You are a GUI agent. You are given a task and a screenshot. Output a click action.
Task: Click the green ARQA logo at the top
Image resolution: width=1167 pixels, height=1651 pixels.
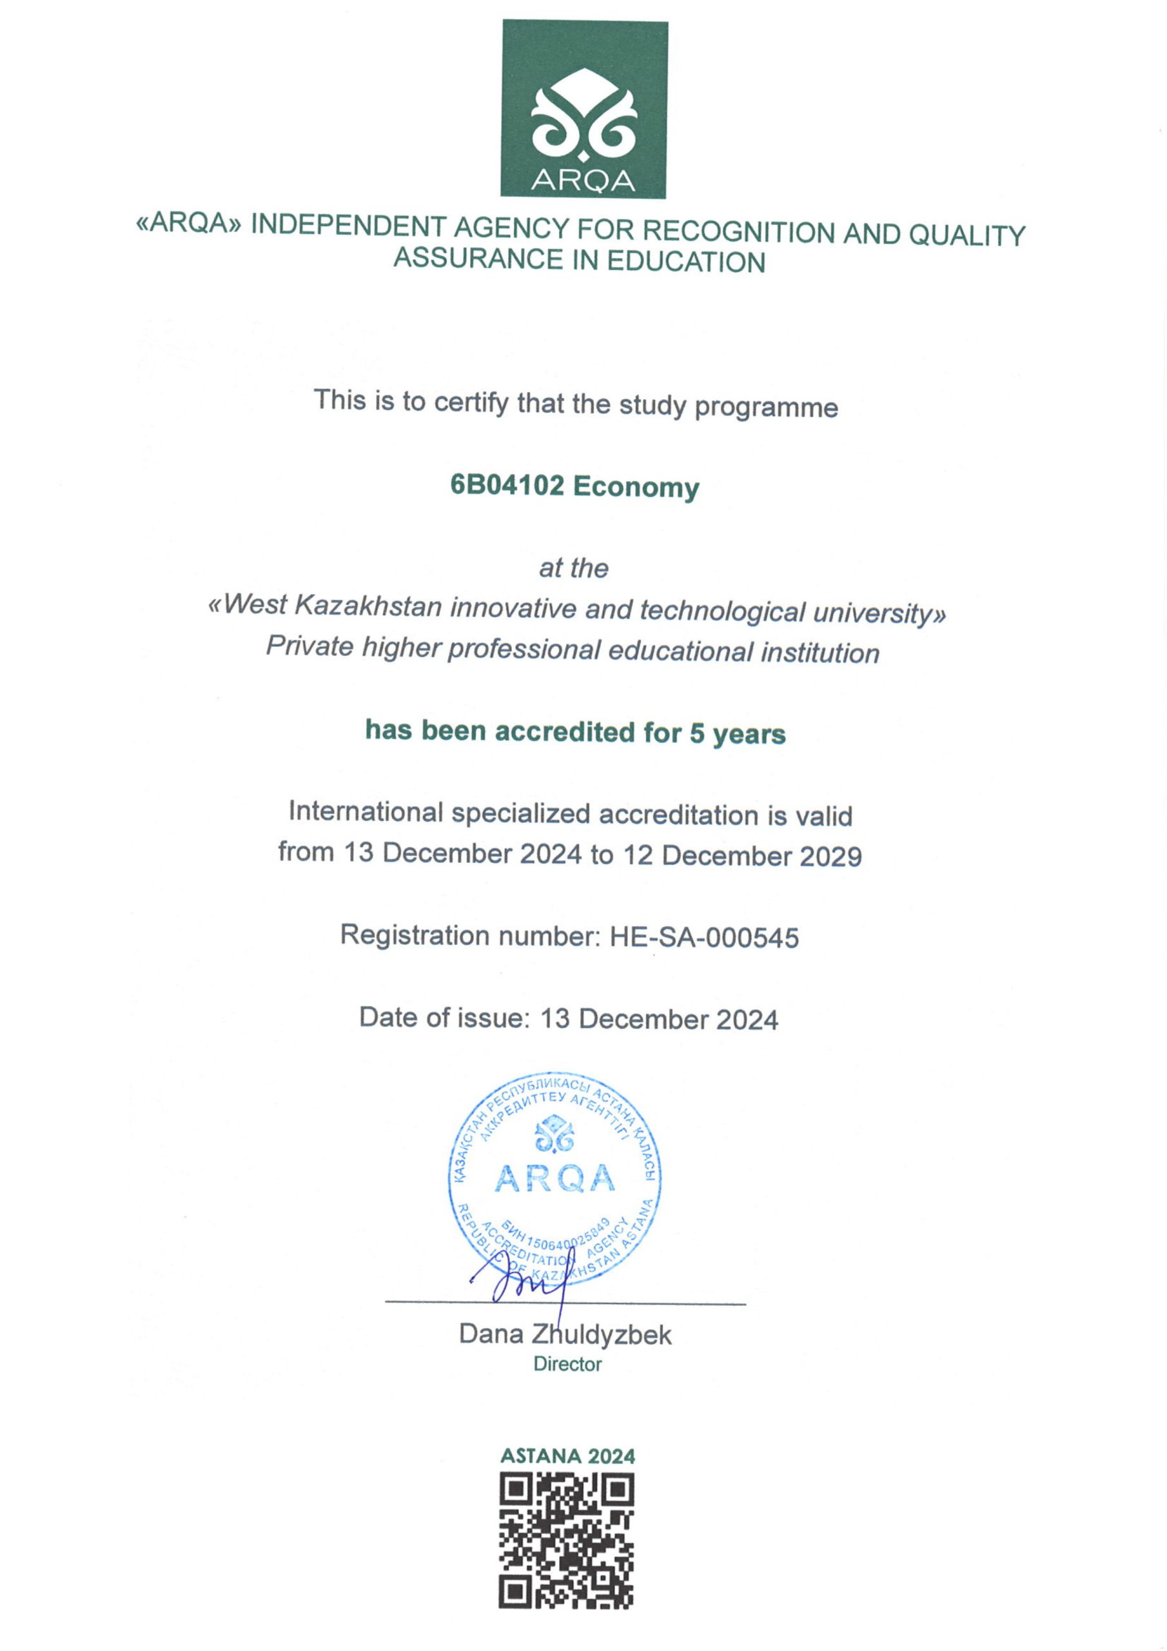584,108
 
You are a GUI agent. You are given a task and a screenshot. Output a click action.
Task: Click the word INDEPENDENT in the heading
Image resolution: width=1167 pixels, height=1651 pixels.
348,226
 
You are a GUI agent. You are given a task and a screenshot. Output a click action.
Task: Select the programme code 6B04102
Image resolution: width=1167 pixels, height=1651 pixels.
507,486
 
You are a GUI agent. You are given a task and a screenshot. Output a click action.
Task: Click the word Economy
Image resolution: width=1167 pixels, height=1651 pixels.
636,488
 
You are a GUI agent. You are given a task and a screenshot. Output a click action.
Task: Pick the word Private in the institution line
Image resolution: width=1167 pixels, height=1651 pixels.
310,646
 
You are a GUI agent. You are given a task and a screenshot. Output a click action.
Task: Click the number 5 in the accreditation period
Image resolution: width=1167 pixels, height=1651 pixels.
697,733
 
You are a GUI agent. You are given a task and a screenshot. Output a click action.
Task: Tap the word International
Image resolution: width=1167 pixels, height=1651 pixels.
366,812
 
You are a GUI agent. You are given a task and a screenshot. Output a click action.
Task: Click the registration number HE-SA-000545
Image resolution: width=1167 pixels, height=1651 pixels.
704,938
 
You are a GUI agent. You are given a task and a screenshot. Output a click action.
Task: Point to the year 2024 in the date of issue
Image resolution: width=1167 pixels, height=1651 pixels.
747,1020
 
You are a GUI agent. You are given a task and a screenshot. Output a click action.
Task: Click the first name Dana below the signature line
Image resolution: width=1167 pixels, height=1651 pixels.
491,1334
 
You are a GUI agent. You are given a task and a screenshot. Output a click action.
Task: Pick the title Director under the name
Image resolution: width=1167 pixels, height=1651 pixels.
567,1364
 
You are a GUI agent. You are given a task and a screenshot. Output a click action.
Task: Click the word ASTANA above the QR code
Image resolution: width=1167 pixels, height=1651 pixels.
539,1456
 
